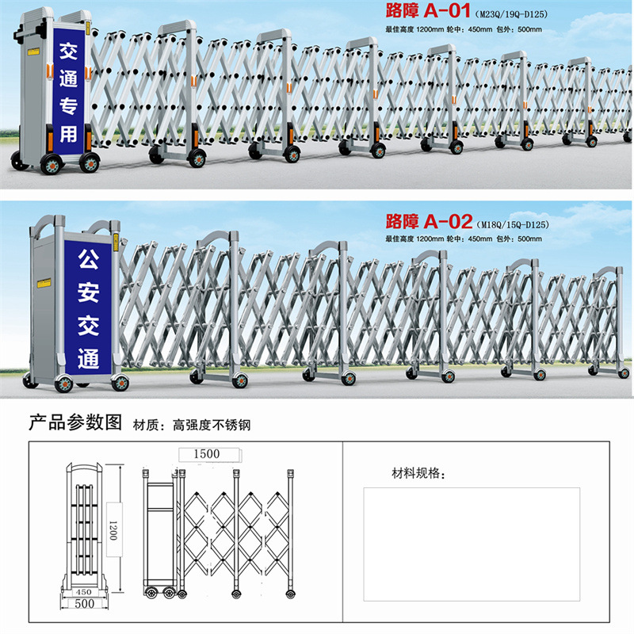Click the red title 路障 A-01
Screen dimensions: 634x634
tap(428, 13)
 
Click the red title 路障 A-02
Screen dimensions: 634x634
tap(429, 220)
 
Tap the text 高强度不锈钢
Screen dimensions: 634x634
tap(212, 425)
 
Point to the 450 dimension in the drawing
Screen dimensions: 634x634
tap(83, 591)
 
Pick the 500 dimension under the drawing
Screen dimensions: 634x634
tap(85, 604)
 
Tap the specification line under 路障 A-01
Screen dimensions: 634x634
tap(463, 29)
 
